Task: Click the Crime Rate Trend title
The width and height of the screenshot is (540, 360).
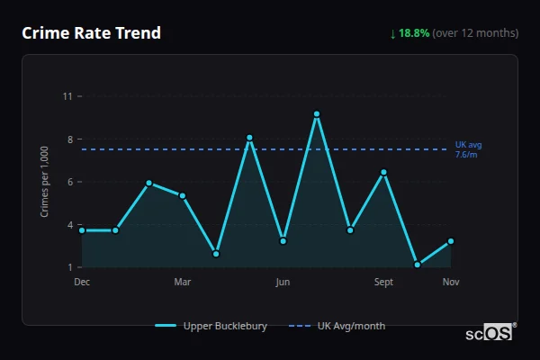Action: (x=92, y=33)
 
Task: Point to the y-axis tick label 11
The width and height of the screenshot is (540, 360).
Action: (x=67, y=96)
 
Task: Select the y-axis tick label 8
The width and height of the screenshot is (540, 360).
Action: (x=69, y=139)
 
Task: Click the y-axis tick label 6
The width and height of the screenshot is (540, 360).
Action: (x=69, y=182)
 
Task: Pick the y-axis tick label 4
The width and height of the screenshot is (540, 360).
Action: (x=69, y=225)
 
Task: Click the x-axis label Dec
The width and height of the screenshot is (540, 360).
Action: (x=82, y=283)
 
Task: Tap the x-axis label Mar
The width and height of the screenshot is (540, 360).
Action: (x=183, y=283)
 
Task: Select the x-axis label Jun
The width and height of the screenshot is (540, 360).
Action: (x=283, y=283)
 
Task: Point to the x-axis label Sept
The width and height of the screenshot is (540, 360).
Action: (x=384, y=283)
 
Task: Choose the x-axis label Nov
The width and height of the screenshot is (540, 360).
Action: (x=451, y=283)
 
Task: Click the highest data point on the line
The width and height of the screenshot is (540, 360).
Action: (x=317, y=114)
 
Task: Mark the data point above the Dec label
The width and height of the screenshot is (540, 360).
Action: (x=82, y=230)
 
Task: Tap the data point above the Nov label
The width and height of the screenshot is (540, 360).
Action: (x=451, y=241)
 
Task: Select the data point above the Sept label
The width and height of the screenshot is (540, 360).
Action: (x=384, y=172)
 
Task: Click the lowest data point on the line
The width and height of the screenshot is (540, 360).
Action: (x=418, y=265)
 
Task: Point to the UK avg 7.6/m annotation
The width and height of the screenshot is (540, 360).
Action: (x=469, y=149)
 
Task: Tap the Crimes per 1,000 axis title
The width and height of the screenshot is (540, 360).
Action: (x=45, y=182)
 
